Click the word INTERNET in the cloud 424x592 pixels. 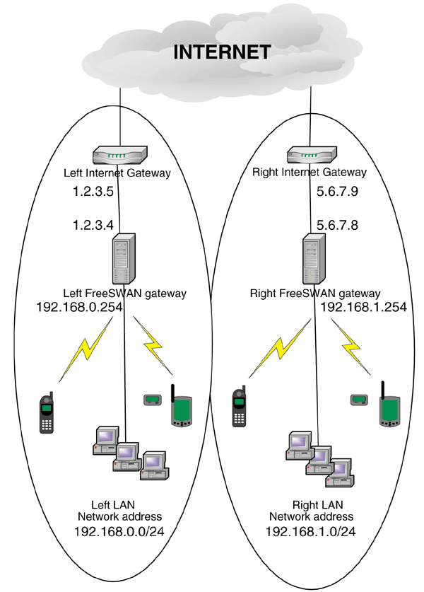click(222, 52)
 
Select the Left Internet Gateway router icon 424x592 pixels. click(120, 153)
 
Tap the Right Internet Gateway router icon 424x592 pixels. click(312, 153)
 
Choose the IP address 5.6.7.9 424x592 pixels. click(338, 191)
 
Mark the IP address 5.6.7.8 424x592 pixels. click(338, 225)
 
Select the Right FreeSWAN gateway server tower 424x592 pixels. click(312, 257)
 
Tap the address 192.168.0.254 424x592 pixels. click(79, 307)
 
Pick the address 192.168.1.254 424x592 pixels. click(363, 307)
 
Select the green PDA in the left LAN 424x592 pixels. click(182, 409)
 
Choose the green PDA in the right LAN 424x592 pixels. click(388, 408)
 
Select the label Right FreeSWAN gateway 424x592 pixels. click(316, 293)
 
